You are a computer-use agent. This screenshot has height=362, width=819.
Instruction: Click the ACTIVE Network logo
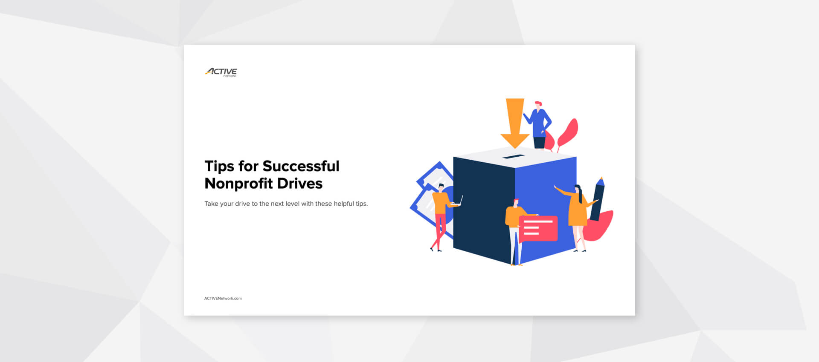(221, 72)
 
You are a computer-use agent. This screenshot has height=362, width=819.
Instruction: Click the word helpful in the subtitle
(344, 204)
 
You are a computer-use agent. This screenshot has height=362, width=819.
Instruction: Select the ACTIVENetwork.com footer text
(223, 299)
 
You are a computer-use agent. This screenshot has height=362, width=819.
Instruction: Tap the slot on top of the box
(513, 157)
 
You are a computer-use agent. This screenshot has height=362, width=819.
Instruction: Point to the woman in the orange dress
(578, 213)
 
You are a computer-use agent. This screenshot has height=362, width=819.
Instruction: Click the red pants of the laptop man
(439, 230)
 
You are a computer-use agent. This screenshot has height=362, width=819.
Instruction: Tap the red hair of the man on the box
(538, 103)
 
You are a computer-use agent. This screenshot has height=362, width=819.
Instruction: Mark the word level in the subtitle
(292, 204)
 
